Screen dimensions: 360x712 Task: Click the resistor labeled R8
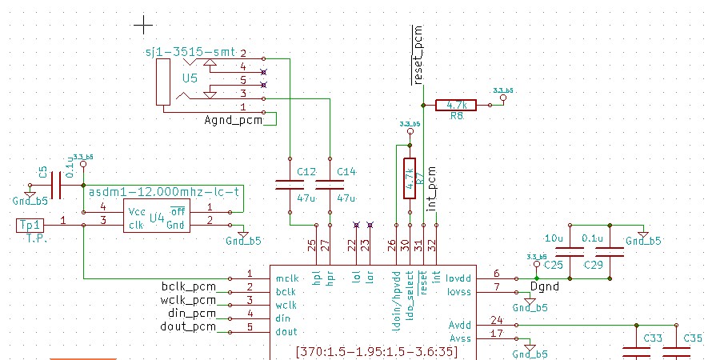point(456,105)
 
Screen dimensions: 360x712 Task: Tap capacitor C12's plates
point(290,185)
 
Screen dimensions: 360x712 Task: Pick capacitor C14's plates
point(329,185)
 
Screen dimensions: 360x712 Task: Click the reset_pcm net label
point(416,55)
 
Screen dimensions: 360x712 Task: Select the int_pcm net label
point(432,188)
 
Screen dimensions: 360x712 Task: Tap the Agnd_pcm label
point(234,120)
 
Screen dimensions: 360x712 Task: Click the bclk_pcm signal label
point(190,286)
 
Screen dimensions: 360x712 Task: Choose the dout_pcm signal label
point(190,327)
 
